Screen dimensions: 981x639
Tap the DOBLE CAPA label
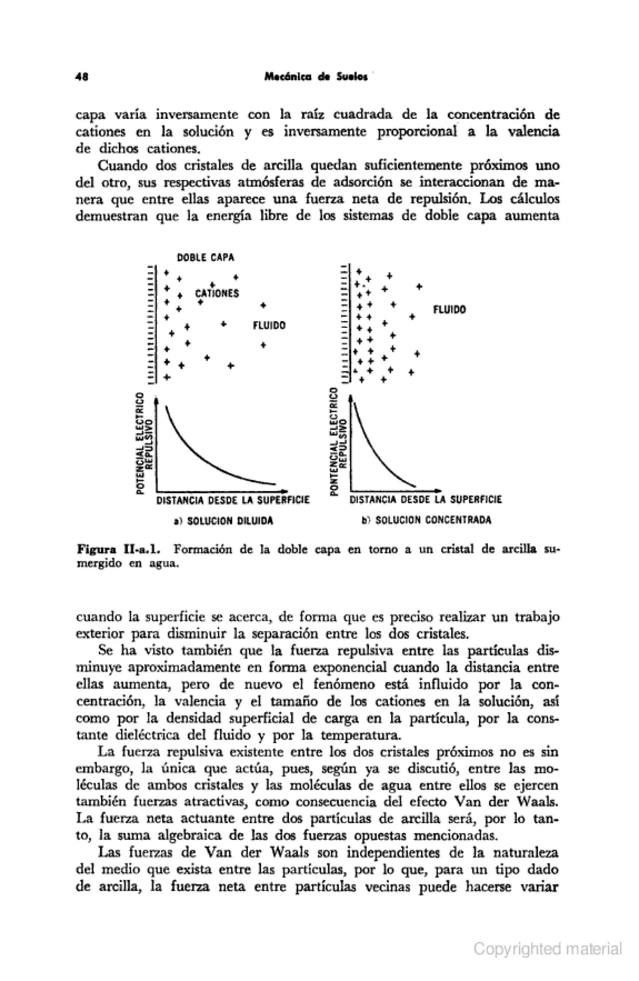205,258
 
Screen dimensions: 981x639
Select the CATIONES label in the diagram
217,294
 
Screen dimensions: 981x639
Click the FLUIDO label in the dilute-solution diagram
269,326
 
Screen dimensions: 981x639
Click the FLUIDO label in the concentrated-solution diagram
449,309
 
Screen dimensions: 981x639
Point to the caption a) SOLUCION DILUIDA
223,520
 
